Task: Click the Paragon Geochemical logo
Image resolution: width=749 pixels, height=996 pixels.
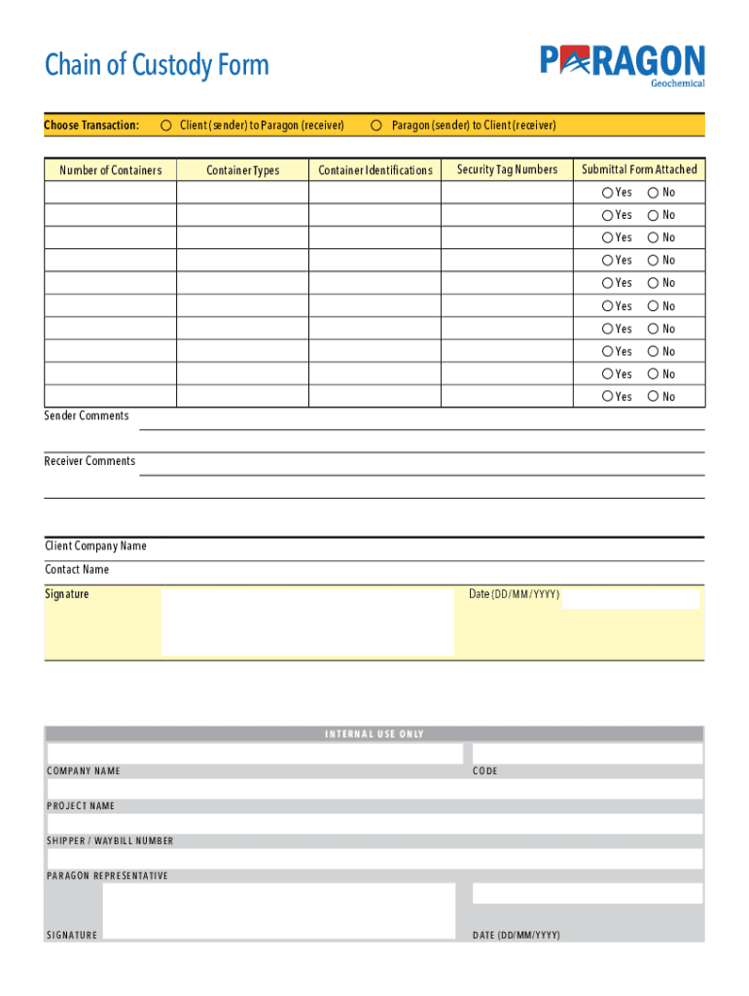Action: point(623,65)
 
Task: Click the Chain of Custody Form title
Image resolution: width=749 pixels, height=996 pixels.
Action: point(157,66)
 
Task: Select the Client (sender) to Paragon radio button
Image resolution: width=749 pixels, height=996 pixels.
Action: point(166,125)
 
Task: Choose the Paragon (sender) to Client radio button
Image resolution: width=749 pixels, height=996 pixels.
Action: point(376,125)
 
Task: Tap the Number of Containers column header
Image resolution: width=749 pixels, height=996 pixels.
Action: point(110,170)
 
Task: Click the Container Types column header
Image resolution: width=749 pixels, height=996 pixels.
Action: point(242,170)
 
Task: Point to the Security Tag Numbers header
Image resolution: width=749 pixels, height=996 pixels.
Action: point(507,169)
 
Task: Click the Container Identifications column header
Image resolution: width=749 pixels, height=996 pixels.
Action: point(374,170)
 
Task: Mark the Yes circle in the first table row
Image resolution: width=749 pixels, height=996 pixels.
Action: point(608,193)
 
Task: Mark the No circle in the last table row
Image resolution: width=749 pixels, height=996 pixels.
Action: point(654,396)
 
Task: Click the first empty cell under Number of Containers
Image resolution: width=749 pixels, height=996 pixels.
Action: point(110,193)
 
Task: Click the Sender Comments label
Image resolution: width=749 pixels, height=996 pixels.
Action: point(87,416)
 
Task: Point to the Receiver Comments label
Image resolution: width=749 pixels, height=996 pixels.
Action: point(89,461)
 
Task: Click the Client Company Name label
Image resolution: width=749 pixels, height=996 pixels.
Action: point(95,547)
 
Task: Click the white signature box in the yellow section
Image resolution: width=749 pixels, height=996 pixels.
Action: point(306,622)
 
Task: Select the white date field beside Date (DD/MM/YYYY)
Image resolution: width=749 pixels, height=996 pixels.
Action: point(629,598)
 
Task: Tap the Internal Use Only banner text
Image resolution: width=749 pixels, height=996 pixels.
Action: point(374,734)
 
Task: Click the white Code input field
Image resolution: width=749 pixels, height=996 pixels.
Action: point(587,754)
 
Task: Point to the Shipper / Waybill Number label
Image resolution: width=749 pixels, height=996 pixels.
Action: point(110,841)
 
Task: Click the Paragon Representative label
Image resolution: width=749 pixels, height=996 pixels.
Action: point(107,876)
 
